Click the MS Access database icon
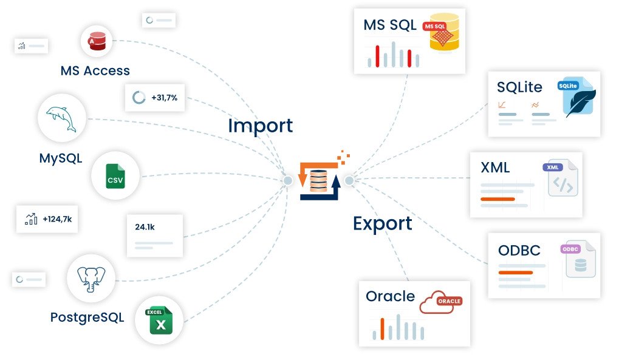97,41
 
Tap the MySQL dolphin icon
61,118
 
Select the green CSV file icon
115,175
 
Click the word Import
260,126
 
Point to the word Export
382,223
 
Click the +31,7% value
165,97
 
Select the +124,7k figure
57,219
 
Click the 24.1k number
145,227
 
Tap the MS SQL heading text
390,25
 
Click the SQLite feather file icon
578,98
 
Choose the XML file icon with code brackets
562,179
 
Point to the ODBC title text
519,250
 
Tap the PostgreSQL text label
87,317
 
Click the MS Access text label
95,70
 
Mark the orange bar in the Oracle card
382,328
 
